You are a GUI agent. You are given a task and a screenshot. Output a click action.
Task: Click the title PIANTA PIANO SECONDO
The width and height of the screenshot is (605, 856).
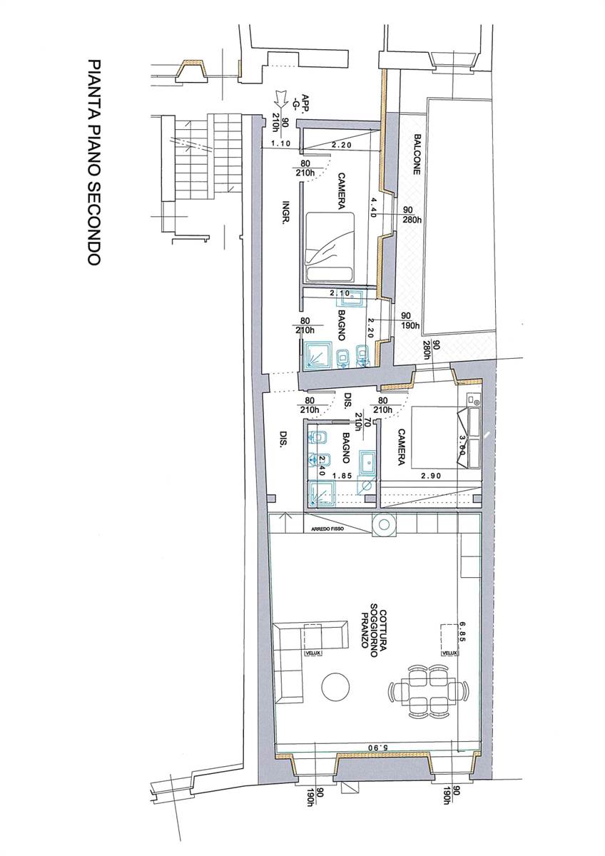coord(93,162)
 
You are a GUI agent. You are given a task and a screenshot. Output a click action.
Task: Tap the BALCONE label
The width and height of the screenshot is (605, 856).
coord(417,154)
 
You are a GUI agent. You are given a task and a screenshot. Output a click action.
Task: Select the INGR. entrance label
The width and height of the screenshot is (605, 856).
coord(285,212)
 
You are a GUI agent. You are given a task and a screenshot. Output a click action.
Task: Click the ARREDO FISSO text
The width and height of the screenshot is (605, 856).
coord(328,529)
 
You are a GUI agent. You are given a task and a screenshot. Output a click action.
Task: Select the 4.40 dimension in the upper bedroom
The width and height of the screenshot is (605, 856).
coord(373,207)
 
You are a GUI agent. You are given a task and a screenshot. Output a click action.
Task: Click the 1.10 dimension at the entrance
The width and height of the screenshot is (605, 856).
coord(280,143)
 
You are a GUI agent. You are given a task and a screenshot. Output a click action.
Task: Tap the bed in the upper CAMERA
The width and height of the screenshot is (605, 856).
coord(329,248)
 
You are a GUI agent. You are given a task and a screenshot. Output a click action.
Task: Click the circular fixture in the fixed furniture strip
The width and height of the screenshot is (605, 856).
coord(384,526)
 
